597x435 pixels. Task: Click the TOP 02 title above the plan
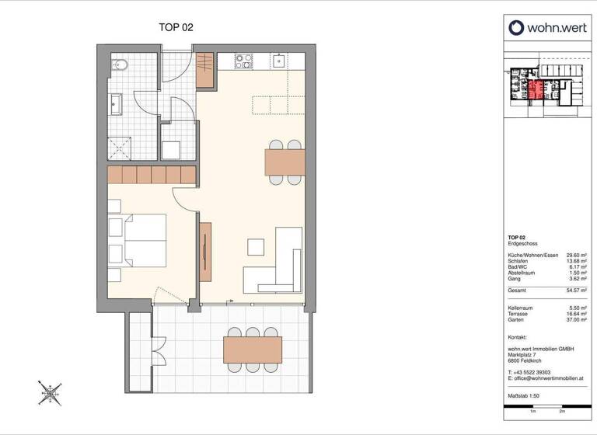click(x=176, y=27)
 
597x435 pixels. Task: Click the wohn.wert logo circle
click(x=517, y=28)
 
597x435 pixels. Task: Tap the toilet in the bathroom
click(x=118, y=65)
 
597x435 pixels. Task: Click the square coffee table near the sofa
click(x=256, y=247)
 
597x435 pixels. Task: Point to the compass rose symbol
click(x=51, y=393)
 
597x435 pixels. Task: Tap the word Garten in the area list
click(x=516, y=319)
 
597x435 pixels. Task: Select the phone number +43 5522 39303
click(x=532, y=372)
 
